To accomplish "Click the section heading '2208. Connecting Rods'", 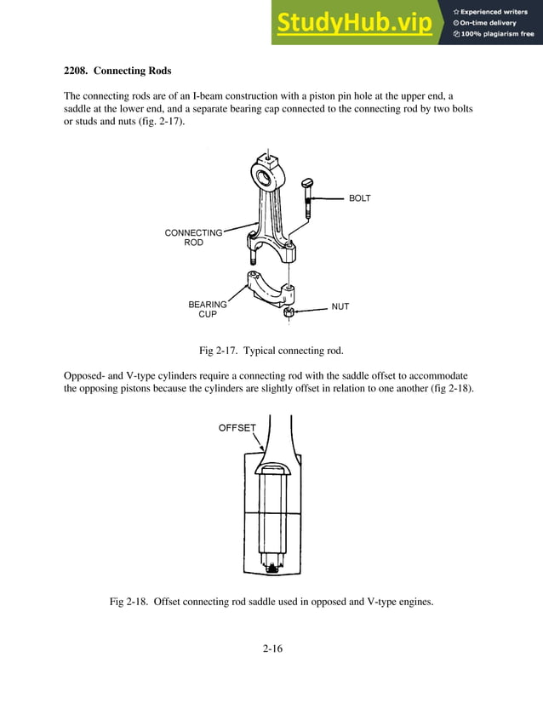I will [117, 70].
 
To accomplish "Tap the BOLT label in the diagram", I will [359, 198].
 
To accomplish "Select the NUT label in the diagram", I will [340, 306].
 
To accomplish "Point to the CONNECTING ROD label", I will [193, 237].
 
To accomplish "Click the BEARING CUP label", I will [208, 309].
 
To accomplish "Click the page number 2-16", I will [272, 649].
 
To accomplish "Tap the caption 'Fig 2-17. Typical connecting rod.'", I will [271, 351].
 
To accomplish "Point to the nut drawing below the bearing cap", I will [288, 313].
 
